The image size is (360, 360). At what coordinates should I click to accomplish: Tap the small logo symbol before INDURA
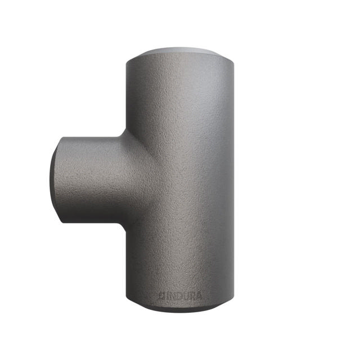(x=161, y=295)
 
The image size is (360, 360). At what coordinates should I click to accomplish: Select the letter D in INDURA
(x=175, y=295)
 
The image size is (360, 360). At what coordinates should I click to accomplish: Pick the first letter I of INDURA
(x=166, y=295)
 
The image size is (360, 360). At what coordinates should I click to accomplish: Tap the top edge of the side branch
(x=90, y=136)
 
